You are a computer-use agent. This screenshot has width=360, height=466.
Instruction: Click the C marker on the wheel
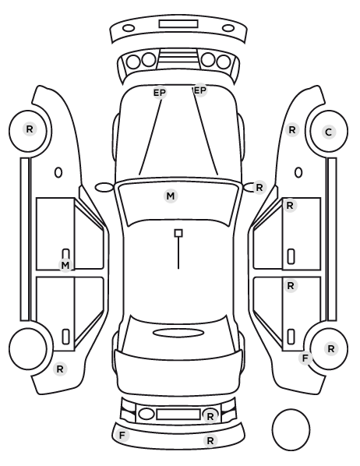click(x=329, y=132)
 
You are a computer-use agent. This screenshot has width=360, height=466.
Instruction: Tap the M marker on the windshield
click(x=171, y=196)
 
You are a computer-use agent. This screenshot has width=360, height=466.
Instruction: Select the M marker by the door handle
click(x=65, y=265)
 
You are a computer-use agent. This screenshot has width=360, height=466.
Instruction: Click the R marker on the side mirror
click(x=259, y=188)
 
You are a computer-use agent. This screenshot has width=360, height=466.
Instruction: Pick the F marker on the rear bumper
click(x=122, y=436)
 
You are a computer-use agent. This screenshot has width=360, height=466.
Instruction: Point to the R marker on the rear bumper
click(x=210, y=440)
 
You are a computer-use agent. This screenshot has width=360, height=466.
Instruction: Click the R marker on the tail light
click(x=210, y=416)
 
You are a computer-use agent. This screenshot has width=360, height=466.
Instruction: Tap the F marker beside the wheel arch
click(x=305, y=358)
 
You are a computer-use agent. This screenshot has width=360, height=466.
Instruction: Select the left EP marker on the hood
click(x=160, y=93)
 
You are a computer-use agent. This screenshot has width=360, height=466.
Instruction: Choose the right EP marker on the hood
click(x=200, y=90)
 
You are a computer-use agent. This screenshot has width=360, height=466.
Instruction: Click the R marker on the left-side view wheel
click(x=30, y=129)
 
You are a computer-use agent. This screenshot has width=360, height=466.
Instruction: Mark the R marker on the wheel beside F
click(x=331, y=349)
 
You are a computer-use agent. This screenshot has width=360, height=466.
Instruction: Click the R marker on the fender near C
click(x=292, y=130)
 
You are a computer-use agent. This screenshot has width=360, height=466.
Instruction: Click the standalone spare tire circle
click(x=291, y=429)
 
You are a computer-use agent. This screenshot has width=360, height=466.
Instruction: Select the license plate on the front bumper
click(x=178, y=24)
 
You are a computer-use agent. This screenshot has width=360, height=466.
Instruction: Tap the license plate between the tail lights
click(x=178, y=414)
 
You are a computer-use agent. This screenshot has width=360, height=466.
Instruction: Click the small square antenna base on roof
click(x=178, y=233)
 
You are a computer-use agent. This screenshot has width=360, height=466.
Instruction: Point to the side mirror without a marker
click(x=104, y=188)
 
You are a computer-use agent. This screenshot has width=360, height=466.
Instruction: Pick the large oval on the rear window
click(x=178, y=333)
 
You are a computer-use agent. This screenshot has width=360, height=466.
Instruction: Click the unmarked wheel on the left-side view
click(x=28, y=348)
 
